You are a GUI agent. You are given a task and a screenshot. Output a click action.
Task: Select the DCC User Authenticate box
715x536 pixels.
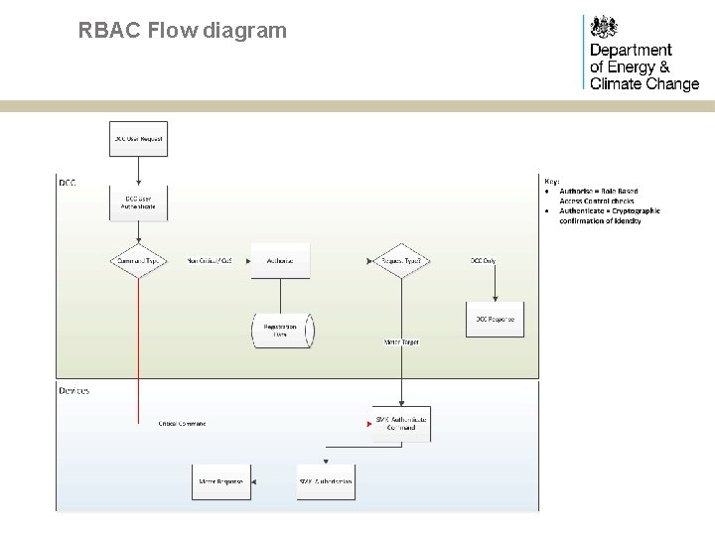[x=138, y=202]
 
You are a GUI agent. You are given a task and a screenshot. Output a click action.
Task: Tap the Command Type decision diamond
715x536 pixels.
[x=138, y=261]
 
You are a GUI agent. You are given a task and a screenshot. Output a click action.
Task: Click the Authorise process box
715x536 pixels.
[x=280, y=261]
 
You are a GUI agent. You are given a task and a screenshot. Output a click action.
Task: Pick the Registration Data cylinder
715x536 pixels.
[x=281, y=331]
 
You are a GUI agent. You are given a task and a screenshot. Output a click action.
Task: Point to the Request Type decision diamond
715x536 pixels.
[x=401, y=261]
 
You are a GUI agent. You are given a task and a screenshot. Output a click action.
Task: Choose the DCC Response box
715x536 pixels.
[x=495, y=319]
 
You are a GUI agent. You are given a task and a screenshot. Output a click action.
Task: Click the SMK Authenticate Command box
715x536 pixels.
[x=401, y=424]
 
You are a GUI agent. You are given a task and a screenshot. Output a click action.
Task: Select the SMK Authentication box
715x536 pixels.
[x=325, y=481]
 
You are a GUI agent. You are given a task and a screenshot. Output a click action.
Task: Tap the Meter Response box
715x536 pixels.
[x=221, y=481]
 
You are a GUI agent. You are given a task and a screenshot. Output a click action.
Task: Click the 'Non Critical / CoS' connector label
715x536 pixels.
[x=209, y=261]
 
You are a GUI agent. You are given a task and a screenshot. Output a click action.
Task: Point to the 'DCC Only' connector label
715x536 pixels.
[x=484, y=261]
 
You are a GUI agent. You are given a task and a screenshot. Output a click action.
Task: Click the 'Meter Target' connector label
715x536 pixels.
[x=401, y=342]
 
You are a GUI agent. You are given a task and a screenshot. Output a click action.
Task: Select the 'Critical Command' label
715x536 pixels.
[x=182, y=424]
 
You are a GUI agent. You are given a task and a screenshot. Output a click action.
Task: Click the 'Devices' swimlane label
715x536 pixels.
[x=74, y=390]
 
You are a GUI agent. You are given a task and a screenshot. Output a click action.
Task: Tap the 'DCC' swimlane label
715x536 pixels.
[x=68, y=183]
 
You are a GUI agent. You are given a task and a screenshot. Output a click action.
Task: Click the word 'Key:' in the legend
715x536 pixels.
[x=552, y=181]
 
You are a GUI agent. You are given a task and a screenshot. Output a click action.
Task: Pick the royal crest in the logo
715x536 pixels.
[x=603, y=27]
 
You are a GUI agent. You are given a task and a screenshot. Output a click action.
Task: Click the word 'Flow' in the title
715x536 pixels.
[x=172, y=31]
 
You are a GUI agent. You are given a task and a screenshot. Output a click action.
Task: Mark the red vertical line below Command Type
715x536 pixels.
[x=138, y=347]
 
